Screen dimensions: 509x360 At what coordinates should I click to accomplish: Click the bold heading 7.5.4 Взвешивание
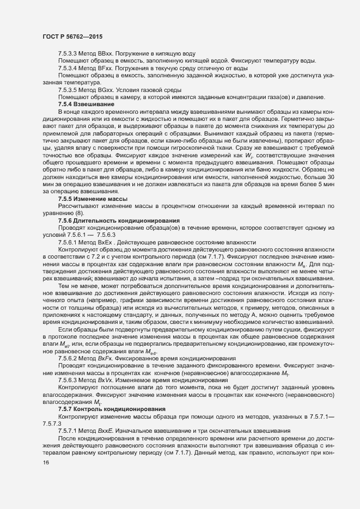coord(86,103)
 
